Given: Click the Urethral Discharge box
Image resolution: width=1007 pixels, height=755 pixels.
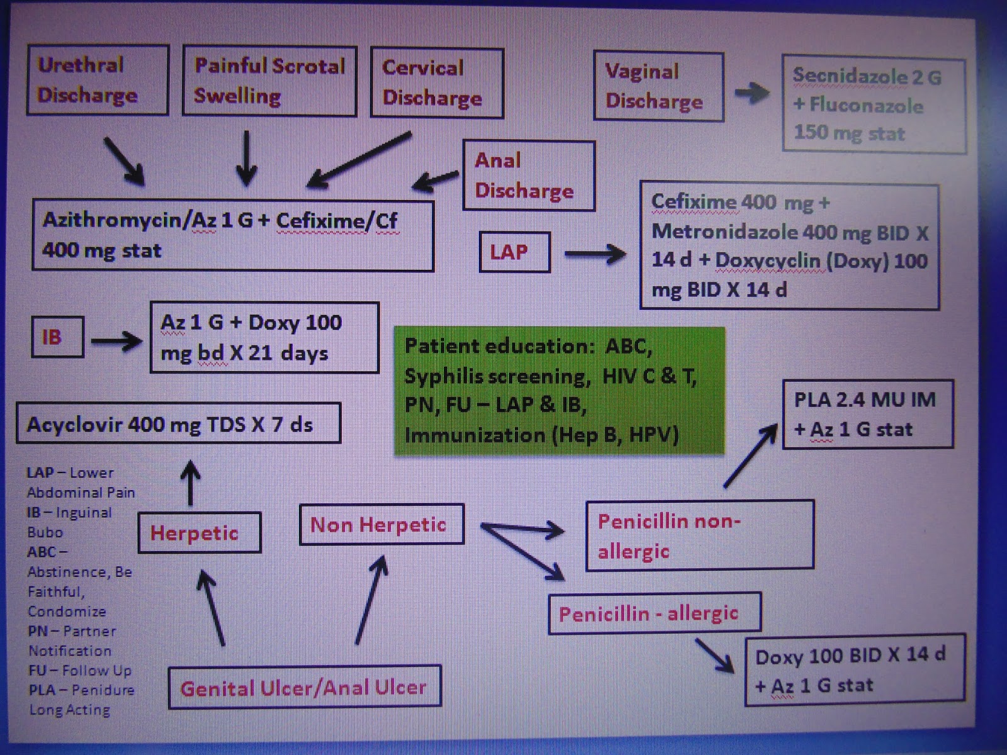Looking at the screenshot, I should [98, 80].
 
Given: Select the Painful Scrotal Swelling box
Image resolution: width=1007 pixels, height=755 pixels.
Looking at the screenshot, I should [269, 81].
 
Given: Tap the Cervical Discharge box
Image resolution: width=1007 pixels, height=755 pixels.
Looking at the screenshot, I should [437, 83].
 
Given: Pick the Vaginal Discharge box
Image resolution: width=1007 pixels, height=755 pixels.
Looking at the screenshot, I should [658, 87].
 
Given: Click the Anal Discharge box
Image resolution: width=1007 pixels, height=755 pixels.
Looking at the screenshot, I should [529, 176].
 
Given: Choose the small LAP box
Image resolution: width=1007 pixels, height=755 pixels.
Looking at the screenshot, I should [514, 252].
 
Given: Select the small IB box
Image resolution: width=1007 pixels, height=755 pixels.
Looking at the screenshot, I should [57, 337].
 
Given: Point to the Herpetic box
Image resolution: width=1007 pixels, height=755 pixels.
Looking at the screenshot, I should [199, 533].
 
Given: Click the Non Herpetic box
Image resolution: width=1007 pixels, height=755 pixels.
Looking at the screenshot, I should [382, 524].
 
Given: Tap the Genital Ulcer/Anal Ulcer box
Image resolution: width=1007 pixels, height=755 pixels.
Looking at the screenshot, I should [305, 687].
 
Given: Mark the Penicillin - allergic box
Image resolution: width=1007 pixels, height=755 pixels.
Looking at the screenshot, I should [654, 613].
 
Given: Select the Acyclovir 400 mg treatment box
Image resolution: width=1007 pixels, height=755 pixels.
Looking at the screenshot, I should [178, 423].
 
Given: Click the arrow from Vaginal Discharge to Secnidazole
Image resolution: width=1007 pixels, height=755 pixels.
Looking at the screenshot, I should [752, 94].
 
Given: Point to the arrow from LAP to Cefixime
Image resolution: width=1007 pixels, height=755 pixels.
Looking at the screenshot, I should [595, 254].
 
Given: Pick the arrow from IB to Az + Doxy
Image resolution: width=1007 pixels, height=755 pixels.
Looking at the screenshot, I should [116, 342].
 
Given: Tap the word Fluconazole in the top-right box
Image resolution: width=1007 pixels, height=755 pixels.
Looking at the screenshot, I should [866, 105].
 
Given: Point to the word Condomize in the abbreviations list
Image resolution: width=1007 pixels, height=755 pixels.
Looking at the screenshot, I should [67, 611].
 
